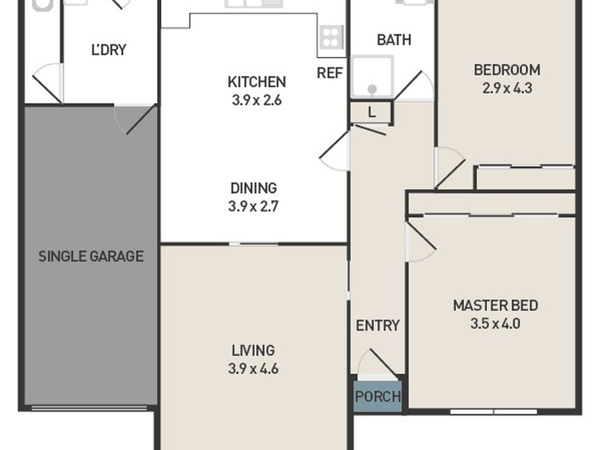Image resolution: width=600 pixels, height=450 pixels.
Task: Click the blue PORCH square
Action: tap(378, 396)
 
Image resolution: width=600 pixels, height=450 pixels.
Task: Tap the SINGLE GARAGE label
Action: tap(91, 256)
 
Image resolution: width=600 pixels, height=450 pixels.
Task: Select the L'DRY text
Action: tap(109, 50)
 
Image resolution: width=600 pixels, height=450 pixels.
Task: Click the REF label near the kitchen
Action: tap(330, 73)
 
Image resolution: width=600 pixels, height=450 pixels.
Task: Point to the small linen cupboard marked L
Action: tap(372, 112)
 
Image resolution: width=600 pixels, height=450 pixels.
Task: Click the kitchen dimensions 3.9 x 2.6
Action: tap(257, 100)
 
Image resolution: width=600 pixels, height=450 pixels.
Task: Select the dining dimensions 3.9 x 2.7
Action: tap(253, 207)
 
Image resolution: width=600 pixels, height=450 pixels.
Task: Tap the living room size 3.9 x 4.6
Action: tap(253, 369)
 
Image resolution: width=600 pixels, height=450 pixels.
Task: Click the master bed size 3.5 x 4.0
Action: tap(495, 324)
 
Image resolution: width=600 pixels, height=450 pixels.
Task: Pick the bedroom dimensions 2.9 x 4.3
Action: tap(507, 88)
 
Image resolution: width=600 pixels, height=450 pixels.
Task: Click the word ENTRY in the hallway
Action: tap(378, 325)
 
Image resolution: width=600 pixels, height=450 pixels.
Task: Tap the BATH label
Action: tap(394, 40)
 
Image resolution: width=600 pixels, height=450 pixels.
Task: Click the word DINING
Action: tap(254, 188)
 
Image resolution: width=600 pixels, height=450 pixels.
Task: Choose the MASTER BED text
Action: tap(495, 305)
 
